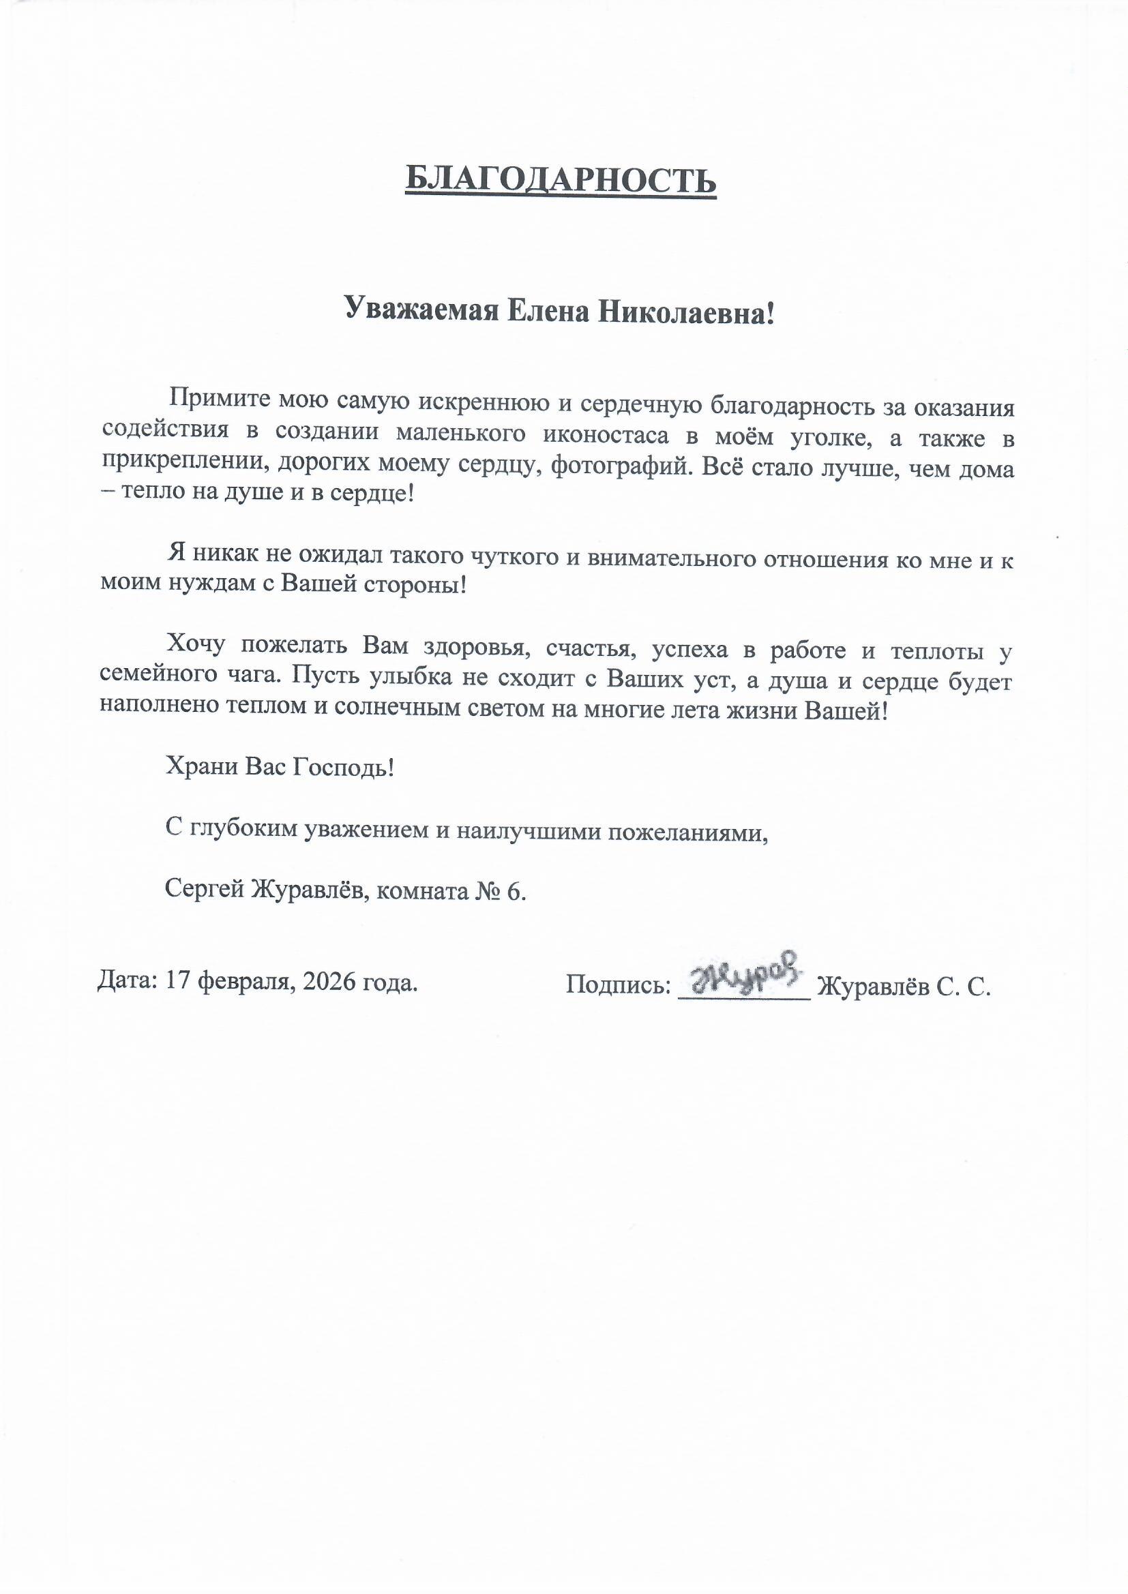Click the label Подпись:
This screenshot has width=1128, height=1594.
(617, 984)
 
